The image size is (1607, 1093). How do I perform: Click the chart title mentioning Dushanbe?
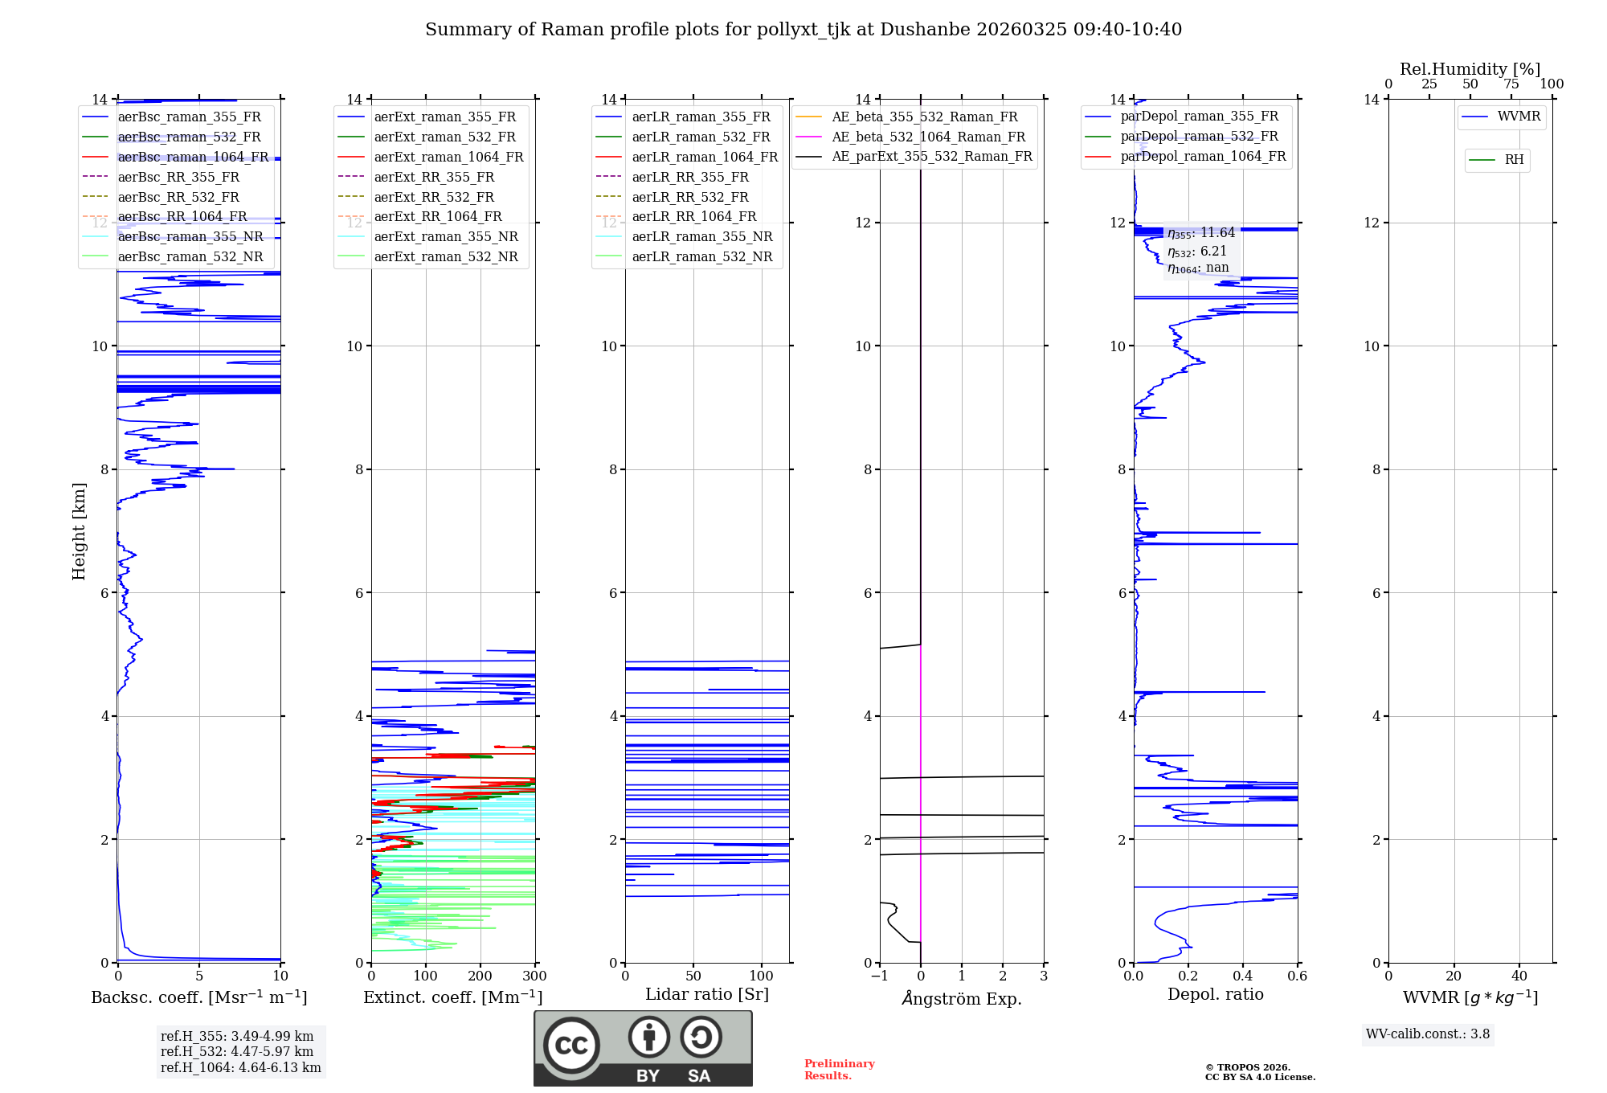(803, 30)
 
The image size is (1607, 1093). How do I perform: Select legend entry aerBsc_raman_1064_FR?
(193, 157)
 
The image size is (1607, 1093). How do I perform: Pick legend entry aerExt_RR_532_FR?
(434, 197)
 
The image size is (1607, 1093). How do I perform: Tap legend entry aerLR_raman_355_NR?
(701, 236)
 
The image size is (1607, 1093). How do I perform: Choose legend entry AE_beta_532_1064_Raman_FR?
(928, 137)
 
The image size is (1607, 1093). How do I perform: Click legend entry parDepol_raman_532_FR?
(1199, 137)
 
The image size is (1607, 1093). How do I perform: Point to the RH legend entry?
(1514, 160)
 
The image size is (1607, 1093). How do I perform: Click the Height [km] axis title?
(79, 530)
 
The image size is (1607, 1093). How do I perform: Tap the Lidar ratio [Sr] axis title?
(707, 994)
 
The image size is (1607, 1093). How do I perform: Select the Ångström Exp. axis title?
(962, 998)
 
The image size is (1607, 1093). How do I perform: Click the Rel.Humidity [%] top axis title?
(1470, 69)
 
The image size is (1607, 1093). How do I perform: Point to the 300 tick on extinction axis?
(535, 976)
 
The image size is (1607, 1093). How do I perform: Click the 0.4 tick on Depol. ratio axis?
(1243, 976)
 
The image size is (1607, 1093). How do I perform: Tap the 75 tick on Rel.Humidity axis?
(1511, 84)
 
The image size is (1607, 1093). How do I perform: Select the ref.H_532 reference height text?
(237, 1051)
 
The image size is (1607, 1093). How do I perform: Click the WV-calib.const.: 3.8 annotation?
(1428, 1034)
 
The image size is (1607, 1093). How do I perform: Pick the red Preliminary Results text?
(839, 1069)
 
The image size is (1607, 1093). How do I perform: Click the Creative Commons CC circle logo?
(571, 1046)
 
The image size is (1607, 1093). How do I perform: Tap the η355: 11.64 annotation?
(1201, 233)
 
